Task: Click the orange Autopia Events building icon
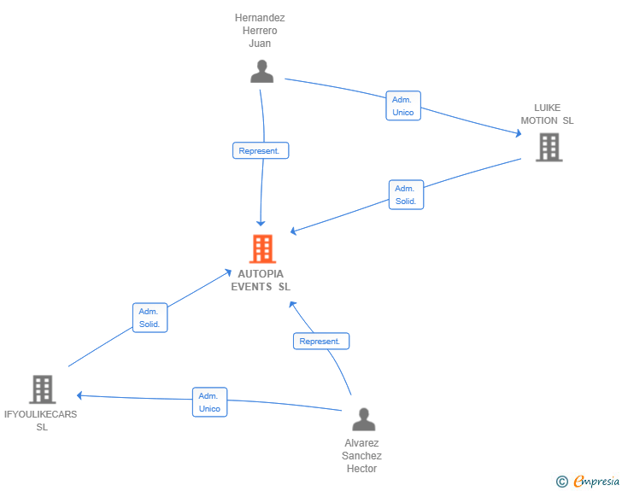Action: (x=262, y=248)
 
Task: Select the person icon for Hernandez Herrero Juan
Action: (x=261, y=72)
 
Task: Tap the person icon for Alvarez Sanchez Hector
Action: (x=364, y=419)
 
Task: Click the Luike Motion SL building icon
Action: (x=549, y=147)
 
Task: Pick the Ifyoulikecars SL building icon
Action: (x=42, y=389)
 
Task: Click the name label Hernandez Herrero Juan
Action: (x=260, y=30)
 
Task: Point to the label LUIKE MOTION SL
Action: (x=548, y=114)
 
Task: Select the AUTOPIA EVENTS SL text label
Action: (x=261, y=280)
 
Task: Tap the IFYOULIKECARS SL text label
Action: (x=41, y=420)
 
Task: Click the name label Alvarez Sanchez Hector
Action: (x=361, y=456)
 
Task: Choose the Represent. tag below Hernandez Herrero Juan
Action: (x=261, y=150)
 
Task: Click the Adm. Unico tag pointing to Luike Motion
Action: (x=402, y=106)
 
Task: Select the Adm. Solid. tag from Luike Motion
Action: (x=405, y=195)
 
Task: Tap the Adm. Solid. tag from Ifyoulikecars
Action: (x=150, y=318)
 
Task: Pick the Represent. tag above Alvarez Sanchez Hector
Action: (x=321, y=341)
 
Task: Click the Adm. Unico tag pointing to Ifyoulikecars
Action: (x=209, y=402)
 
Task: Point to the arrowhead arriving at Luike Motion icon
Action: (x=518, y=133)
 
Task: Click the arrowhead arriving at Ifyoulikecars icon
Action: (x=79, y=395)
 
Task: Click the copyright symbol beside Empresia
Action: (x=561, y=482)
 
